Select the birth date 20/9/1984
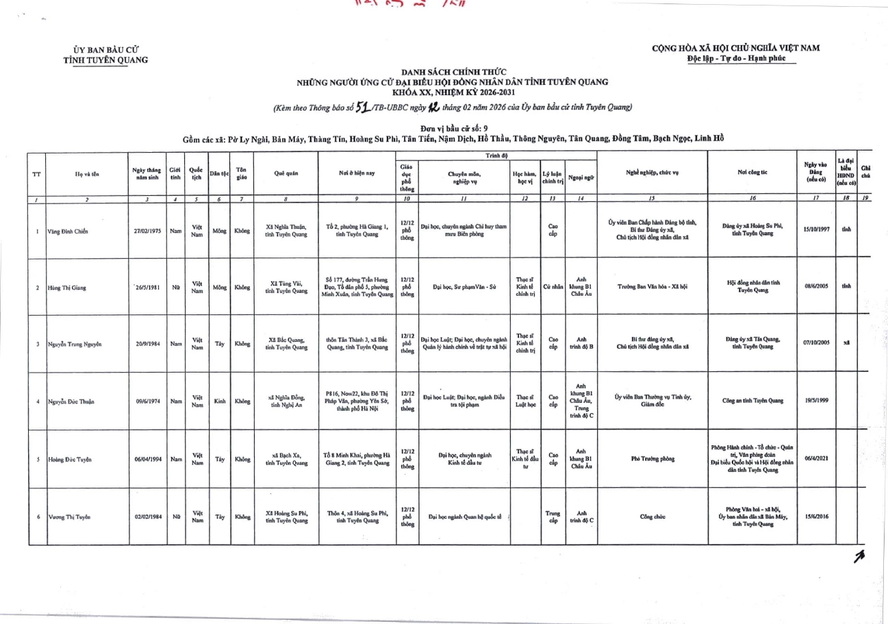[x=148, y=344]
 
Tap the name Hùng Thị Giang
[x=66, y=288]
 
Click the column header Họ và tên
[x=86, y=174]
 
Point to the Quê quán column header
[x=286, y=174]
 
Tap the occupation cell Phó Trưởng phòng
[x=652, y=460]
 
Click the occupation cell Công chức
[x=652, y=517]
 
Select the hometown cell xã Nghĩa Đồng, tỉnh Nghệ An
[x=286, y=401]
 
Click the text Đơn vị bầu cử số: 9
[x=454, y=128]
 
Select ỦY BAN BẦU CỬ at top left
[x=105, y=49]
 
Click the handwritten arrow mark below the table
[x=857, y=560]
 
